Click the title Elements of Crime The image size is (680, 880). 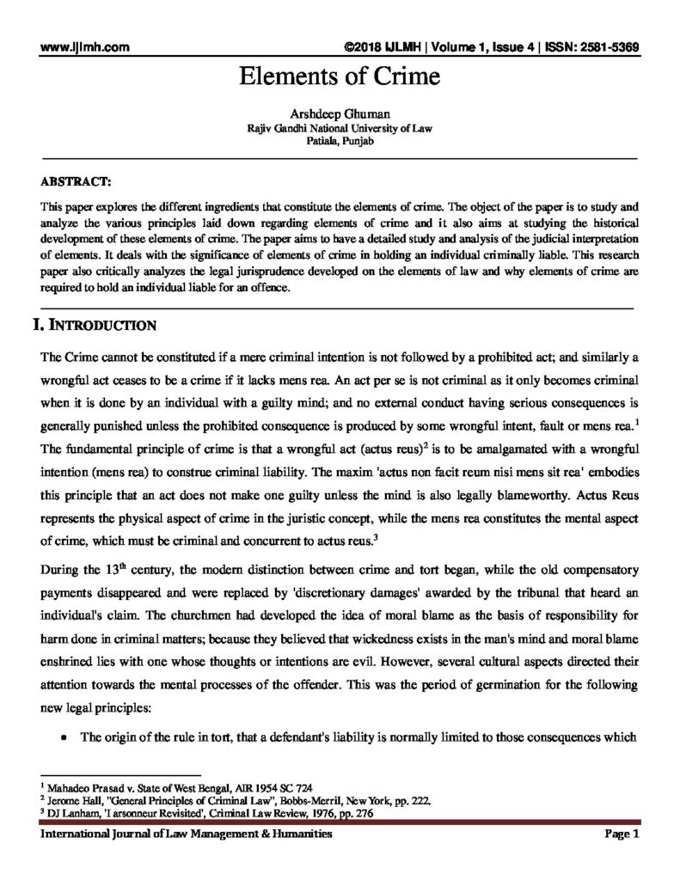click(340, 77)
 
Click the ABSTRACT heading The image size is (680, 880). click(75, 182)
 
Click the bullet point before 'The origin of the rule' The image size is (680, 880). click(64, 738)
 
